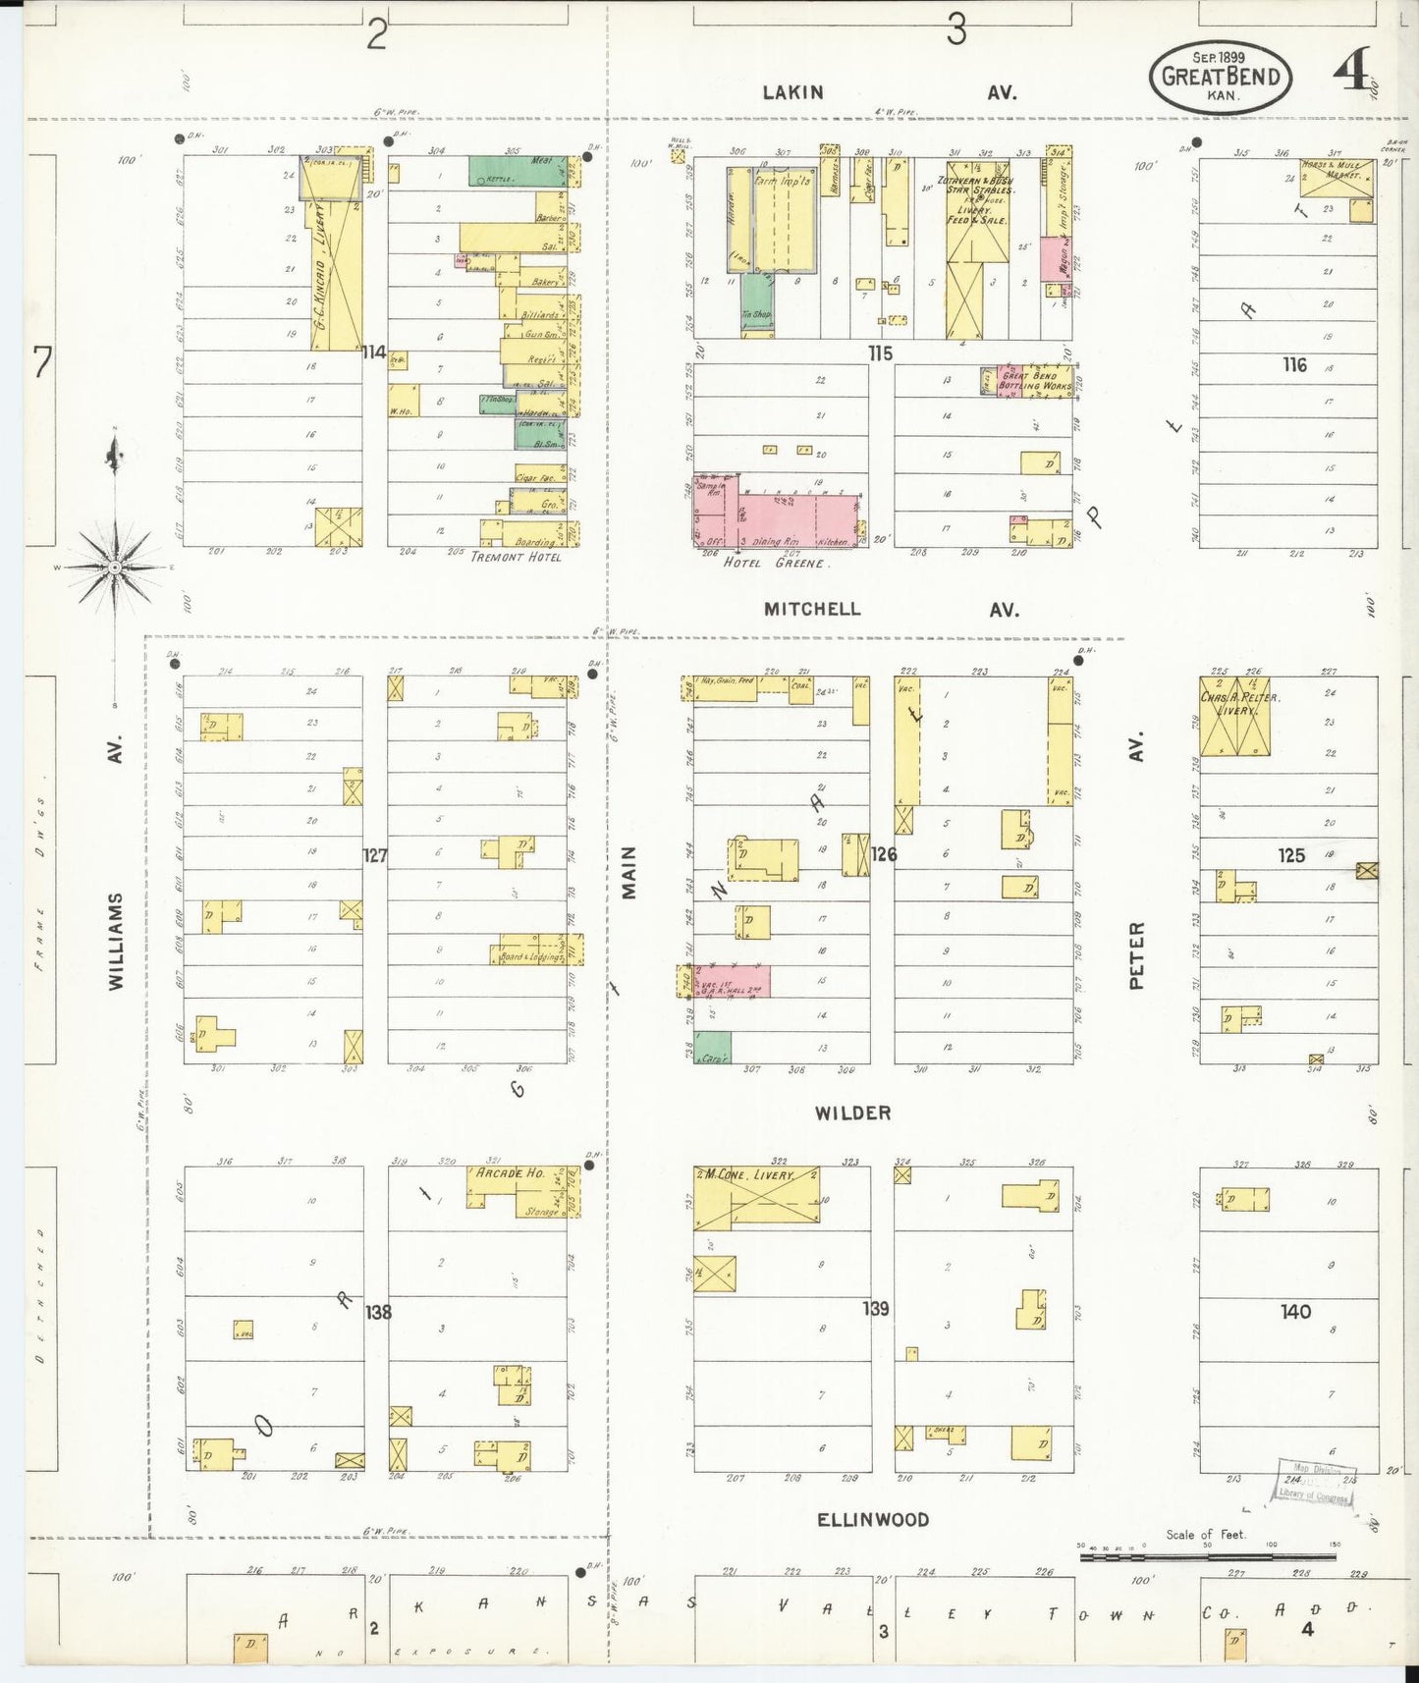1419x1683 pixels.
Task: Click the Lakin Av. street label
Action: click(891, 92)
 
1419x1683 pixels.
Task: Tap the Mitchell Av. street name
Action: click(891, 610)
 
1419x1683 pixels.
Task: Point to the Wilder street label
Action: click(852, 1113)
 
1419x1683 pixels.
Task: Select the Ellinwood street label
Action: click(873, 1520)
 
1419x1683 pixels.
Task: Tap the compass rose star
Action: click(115, 568)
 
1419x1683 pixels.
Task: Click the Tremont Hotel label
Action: click(516, 557)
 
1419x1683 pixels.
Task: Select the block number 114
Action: click(373, 353)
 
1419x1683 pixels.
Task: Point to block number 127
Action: click(374, 855)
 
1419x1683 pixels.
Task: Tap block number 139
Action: click(876, 1308)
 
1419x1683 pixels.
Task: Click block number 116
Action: click(1294, 365)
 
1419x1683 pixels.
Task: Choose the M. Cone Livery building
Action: click(757, 1196)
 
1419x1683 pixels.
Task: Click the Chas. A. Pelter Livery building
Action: click(1234, 716)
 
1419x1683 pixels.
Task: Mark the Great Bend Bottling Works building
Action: click(1034, 380)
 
